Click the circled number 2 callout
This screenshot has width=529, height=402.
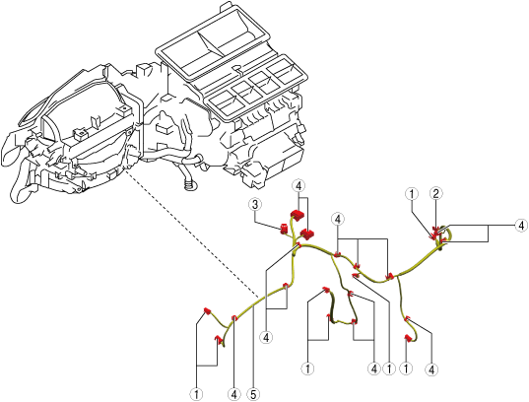[x=435, y=194]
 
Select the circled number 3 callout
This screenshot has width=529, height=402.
[x=255, y=204]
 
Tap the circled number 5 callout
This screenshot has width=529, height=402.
[x=253, y=394]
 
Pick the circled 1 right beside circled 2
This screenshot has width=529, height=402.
[x=412, y=194]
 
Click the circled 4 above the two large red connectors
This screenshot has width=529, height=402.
[x=298, y=185]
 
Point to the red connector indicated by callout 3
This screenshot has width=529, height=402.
[x=284, y=230]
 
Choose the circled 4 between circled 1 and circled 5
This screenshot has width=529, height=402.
[x=234, y=394]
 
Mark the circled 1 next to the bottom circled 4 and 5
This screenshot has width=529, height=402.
[x=196, y=394]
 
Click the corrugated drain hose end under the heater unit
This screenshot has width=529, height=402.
[x=189, y=184]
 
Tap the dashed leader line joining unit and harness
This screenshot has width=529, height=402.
[x=192, y=233]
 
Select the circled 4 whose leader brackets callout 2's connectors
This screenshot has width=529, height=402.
[x=521, y=225]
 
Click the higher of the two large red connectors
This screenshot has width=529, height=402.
[x=298, y=215]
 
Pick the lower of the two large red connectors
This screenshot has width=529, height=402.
[x=307, y=234]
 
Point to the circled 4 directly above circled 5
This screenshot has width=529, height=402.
[x=267, y=337]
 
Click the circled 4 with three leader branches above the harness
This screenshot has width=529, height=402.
[x=338, y=219]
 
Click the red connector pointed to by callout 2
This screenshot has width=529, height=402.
[x=436, y=230]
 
